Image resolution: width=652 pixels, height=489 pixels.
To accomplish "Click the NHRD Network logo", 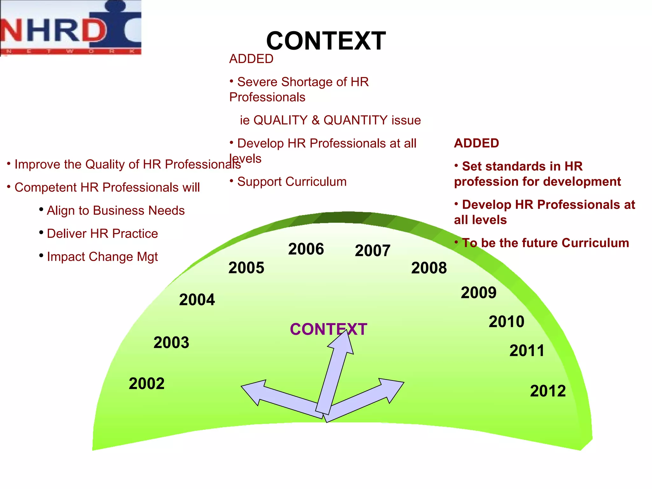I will coord(71,28).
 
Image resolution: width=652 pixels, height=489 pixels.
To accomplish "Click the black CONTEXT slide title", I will coord(326,41).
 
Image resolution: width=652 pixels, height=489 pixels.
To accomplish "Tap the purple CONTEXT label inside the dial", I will coord(328,329).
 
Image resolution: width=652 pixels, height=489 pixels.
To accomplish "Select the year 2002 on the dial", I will coord(146,383).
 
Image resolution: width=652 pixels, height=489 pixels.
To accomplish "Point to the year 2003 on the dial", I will coord(171,343).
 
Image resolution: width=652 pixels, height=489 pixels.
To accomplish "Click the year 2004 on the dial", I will coord(197,300).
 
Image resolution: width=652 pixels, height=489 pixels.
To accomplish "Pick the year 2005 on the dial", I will coord(246,267).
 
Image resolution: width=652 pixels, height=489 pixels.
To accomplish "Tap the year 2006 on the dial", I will coord(306,249).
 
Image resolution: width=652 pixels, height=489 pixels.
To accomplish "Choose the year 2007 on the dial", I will coord(372,251).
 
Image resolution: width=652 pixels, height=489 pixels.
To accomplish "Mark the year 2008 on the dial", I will coord(429,268).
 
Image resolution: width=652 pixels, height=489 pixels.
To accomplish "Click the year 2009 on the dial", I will coord(478,293).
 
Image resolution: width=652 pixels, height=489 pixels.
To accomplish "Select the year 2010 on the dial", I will coord(506,322).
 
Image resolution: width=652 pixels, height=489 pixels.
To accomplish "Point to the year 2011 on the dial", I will coord(527,351).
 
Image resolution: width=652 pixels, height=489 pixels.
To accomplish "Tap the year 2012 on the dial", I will coord(548,391).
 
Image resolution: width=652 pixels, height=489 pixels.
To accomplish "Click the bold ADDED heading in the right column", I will coord(476,143).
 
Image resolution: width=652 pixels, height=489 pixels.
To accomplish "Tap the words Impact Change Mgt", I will coord(102,257).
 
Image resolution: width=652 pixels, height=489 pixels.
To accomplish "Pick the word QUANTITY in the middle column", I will coord(355,120).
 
